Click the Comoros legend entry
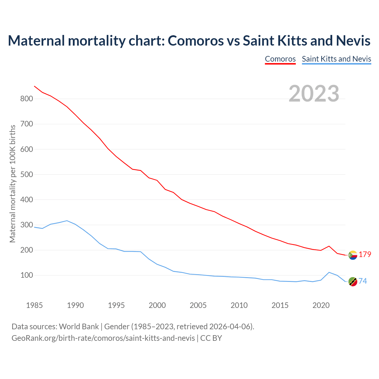[x=280, y=59]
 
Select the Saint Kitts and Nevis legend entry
[x=336, y=59]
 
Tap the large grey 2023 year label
[x=314, y=94]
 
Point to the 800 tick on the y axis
[x=26, y=99]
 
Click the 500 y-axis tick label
[x=26, y=174]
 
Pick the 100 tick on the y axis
[x=26, y=275]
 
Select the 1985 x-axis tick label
[x=34, y=305]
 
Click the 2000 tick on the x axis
[x=157, y=305]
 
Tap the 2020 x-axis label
[x=321, y=305]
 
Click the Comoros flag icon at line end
[x=353, y=255]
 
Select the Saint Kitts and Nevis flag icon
[x=353, y=282]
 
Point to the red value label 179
[x=365, y=255]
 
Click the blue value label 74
[x=363, y=281]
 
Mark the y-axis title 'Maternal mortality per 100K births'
[x=13, y=184]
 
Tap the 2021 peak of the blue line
[x=329, y=272]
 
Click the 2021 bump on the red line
[x=329, y=246]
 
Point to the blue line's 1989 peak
[x=67, y=221]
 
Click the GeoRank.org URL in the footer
[x=103, y=338]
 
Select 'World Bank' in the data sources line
[x=79, y=327]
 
